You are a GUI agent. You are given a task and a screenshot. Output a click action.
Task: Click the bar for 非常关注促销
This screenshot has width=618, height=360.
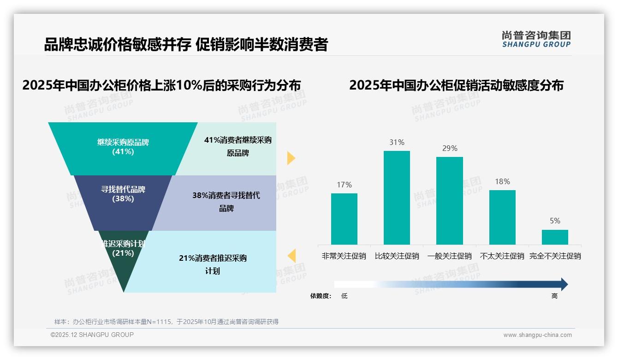pyautogui.click(x=344, y=219)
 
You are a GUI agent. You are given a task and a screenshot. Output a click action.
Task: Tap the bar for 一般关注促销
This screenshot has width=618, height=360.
pyautogui.click(x=450, y=201)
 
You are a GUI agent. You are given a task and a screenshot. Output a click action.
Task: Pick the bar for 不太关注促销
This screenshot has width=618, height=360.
pyautogui.click(x=502, y=217)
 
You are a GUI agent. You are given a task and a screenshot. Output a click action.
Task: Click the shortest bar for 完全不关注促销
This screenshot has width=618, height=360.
pyautogui.click(x=555, y=237)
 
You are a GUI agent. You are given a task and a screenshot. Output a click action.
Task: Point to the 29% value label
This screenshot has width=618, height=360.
pyautogui.click(x=450, y=148)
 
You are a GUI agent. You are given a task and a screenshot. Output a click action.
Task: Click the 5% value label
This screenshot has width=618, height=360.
pyautogui.click(x=555, y=221)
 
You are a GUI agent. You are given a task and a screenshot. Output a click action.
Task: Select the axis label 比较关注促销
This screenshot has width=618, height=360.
pyautogui.click(x=397, y=256)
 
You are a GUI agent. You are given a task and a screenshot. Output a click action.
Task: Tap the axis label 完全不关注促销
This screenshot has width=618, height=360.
pyautogui.click(x=555, y=256)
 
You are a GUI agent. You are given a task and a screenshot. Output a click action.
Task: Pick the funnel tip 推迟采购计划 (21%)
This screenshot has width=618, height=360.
pyautogui.click(x=123, y=258)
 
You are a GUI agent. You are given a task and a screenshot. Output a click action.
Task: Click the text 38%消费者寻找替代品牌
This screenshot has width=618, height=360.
pyautogui.click(x=226, y=202)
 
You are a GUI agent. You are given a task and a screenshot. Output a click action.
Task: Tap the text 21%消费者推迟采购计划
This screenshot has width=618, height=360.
pyautogui.click(x=213, y=264)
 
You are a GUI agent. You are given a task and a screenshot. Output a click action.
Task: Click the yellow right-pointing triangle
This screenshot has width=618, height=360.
pyautogui.click(x=291, y=158)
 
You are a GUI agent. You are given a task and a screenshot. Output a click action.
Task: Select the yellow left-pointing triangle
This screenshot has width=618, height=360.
pyautogui.click(x=291, y=256)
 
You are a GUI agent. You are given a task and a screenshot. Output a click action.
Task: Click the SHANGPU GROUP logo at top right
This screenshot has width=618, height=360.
pyautogui.click(x=536, y=39)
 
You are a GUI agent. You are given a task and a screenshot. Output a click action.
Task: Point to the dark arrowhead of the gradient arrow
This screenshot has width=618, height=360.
pyautogui.click(x=564, y=284)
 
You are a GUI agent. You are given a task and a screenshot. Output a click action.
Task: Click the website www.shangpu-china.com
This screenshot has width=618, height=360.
pyautogui.click(x=537, y=335)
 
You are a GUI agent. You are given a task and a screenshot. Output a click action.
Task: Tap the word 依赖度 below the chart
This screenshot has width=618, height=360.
pyautogui.click(x=321, y=296)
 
